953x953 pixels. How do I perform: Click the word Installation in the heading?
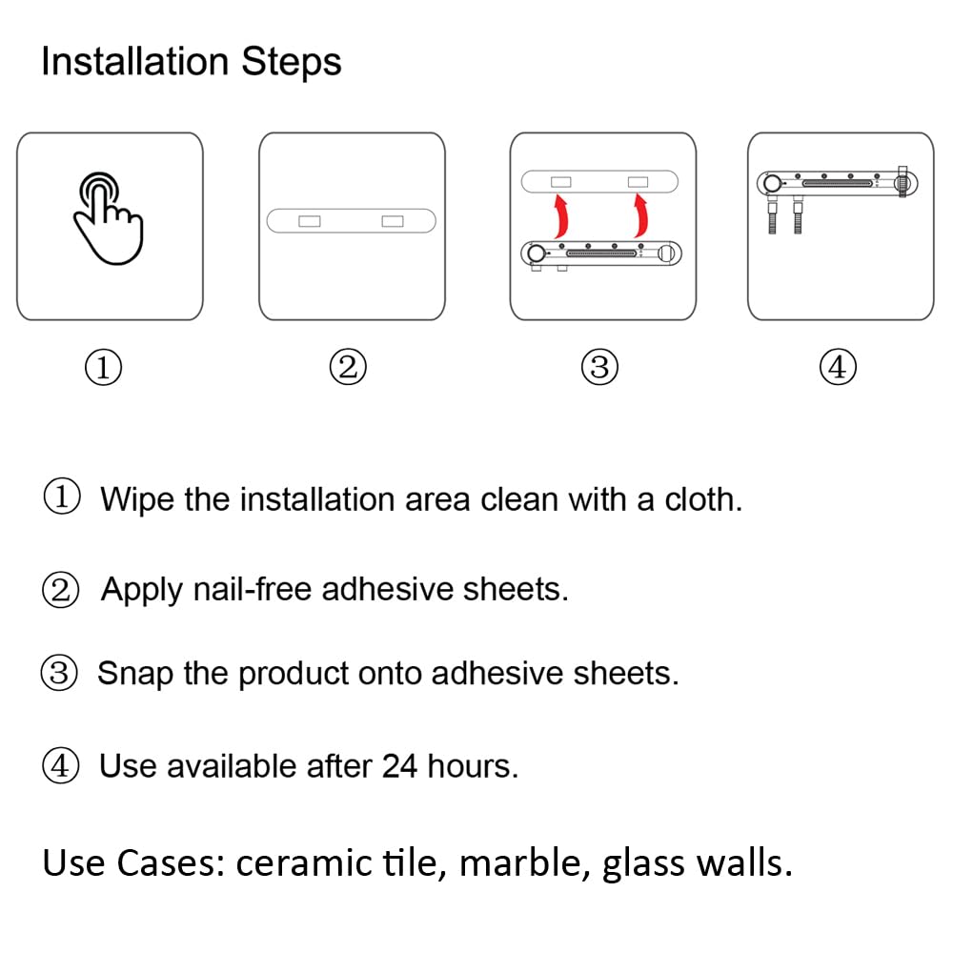coord(135,61)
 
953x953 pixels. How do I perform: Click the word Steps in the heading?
coord(291,63)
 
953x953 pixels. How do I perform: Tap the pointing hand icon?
coord(109,218)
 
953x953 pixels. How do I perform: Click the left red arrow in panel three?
coord(561,215)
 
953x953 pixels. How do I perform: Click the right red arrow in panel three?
coord(640,215)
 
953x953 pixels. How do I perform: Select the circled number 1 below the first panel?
coord(103,367)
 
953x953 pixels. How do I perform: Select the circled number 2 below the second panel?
coord(348,367)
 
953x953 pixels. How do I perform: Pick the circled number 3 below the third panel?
coord(599,367)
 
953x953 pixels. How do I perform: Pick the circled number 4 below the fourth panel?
coord(838,367)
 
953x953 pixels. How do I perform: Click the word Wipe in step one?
coord(136,500)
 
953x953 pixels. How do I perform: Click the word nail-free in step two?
coord(253,588)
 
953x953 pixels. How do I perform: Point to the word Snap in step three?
coord(135,674)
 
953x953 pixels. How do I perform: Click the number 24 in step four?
coord(399,766)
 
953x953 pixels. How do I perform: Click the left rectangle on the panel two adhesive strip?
coord(310,221)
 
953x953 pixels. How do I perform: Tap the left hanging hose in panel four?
coord(772,213)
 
